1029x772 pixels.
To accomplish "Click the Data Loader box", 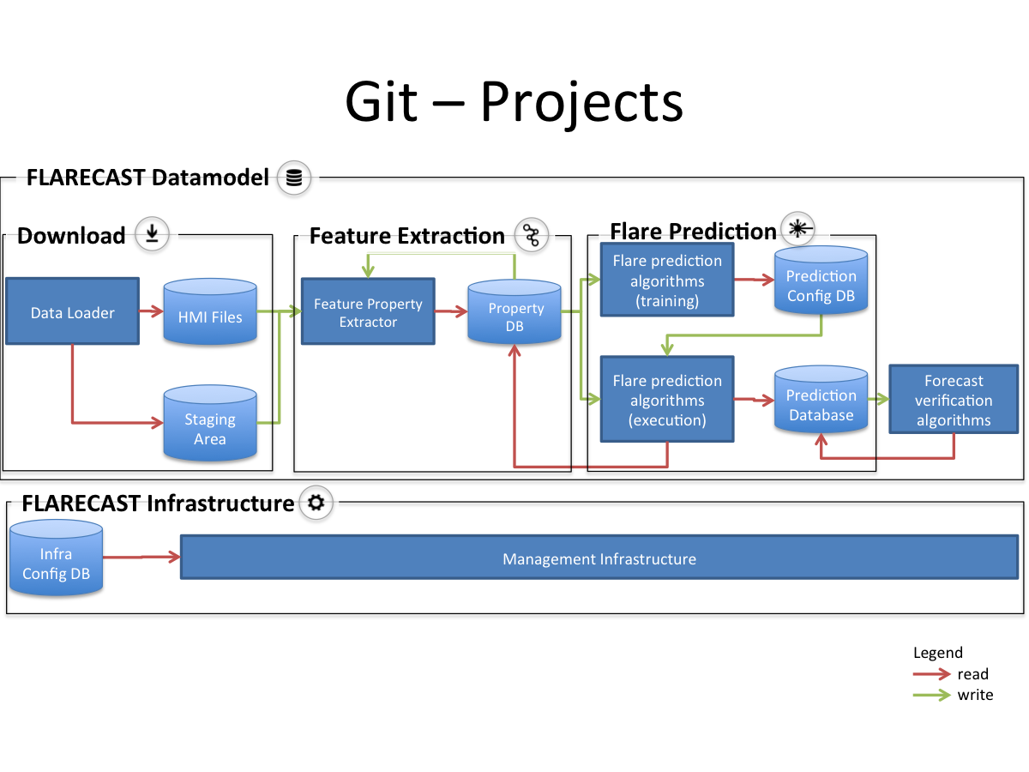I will [72, 312].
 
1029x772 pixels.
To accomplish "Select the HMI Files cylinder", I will [210, 314].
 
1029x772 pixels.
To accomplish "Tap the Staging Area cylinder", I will [210, 425].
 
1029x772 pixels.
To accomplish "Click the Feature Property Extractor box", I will [368, 313].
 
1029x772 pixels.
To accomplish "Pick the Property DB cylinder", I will [514, 314].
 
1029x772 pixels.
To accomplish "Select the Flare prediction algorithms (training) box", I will [667, 280].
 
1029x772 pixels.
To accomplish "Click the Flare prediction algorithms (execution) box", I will [667, 400].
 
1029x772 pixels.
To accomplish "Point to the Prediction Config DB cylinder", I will [821, 282].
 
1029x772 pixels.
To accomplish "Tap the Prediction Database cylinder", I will [821, 401].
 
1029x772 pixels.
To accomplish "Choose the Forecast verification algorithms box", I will [953, 400].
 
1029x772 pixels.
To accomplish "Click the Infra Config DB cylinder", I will [57, 561].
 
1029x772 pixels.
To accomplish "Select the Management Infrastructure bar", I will [599, 559].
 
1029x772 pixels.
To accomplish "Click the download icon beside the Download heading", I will [153, 233].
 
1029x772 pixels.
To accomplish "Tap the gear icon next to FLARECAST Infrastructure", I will [316, 503].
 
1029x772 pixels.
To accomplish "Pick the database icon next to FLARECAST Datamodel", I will [294, 178].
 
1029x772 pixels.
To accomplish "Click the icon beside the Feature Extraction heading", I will [532, 235].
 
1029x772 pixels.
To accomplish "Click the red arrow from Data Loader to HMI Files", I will [151, 312].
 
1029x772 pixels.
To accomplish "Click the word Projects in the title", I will [581, 101].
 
